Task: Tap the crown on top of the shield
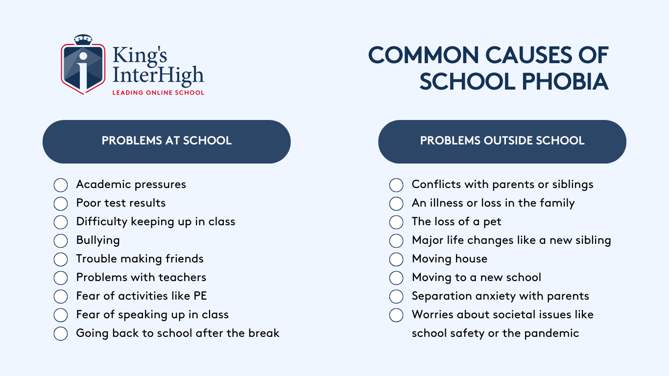pyautogui.click(x=83, y=40)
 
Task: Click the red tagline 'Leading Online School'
pyautogui.click(x=158, y=93)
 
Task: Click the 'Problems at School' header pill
pyautogui.click(x=167, y=141)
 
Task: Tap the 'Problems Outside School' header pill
pyautogui.click(x=502, y=141)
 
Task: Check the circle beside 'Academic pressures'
pyautogui.click(x=61, y=185)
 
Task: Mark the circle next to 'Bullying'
pyautogui.click(x=61, y=241)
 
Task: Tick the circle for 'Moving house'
pyautogui.click(x=396, y=259)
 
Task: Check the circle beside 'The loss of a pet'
pyautogui.click(x=396, y=222)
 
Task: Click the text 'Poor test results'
pyautogui.click(x=121, y=203)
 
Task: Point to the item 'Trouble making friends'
pyautogui.click(x=140, y=258)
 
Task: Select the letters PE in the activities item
pyautogui.click(x=200, y=296)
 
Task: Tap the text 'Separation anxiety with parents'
pyautogui.click(x=501, y=296)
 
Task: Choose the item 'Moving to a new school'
pyautogui.click(x=477, y=278)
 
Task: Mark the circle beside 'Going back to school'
pyautogui.click(x=61, y=333)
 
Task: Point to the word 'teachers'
pyautogui.click(x=183, y=278)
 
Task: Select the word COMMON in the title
pyautogui.click(x=424, y=55)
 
